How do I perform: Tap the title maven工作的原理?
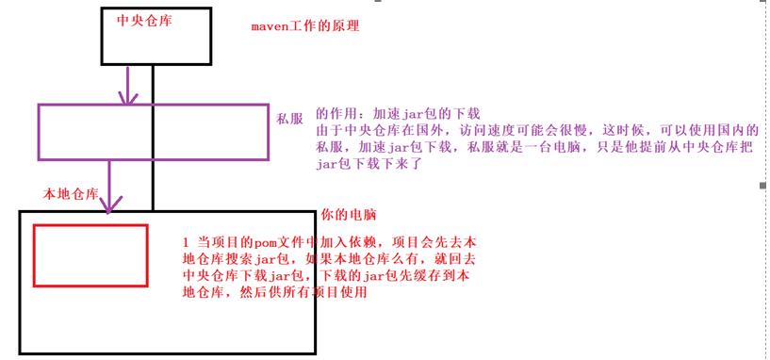coord(304,25)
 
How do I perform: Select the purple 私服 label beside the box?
coord(289,120)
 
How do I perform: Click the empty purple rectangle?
coord(155,131)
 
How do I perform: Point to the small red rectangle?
coord(90,255)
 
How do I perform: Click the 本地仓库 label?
coord(72,194)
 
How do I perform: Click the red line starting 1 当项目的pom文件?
coord(327,241)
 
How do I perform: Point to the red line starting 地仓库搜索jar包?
coord(327,258)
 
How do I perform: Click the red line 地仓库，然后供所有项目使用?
coord(274,292)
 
